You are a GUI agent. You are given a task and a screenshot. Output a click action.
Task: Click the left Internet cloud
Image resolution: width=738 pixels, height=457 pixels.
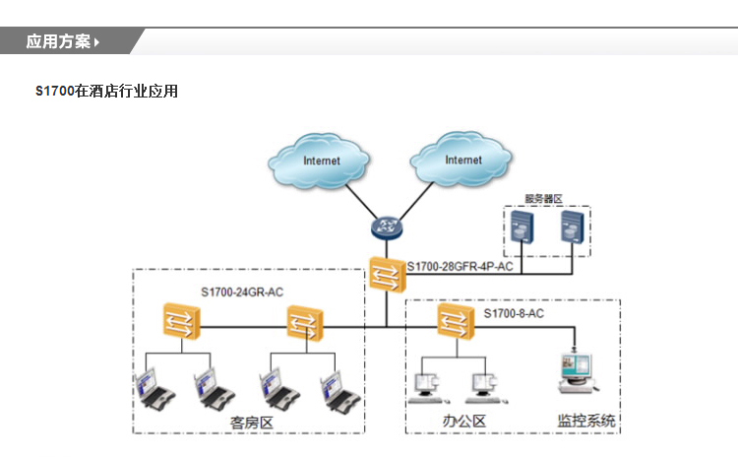[321, 161]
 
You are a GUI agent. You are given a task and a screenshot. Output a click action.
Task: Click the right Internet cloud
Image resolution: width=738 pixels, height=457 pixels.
[462, 160]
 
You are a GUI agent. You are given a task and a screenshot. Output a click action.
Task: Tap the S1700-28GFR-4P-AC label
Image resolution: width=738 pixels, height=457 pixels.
[461, 267]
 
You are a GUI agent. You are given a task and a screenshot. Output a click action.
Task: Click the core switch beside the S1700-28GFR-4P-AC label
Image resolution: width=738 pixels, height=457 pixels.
[384, 273]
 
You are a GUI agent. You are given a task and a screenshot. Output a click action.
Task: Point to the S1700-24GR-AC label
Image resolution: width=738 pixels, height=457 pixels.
[242, 292]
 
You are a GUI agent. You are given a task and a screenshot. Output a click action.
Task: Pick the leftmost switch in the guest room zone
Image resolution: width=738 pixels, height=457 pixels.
[181, 321]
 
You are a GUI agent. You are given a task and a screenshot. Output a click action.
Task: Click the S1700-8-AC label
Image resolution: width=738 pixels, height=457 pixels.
[514, 313]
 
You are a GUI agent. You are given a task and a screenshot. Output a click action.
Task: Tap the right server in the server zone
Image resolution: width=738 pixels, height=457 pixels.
[571, 230]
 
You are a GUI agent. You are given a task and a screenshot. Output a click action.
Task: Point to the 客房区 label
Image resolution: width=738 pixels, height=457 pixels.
[250, 422]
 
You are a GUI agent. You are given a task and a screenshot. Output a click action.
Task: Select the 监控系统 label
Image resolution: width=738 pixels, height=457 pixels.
[586, 421]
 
